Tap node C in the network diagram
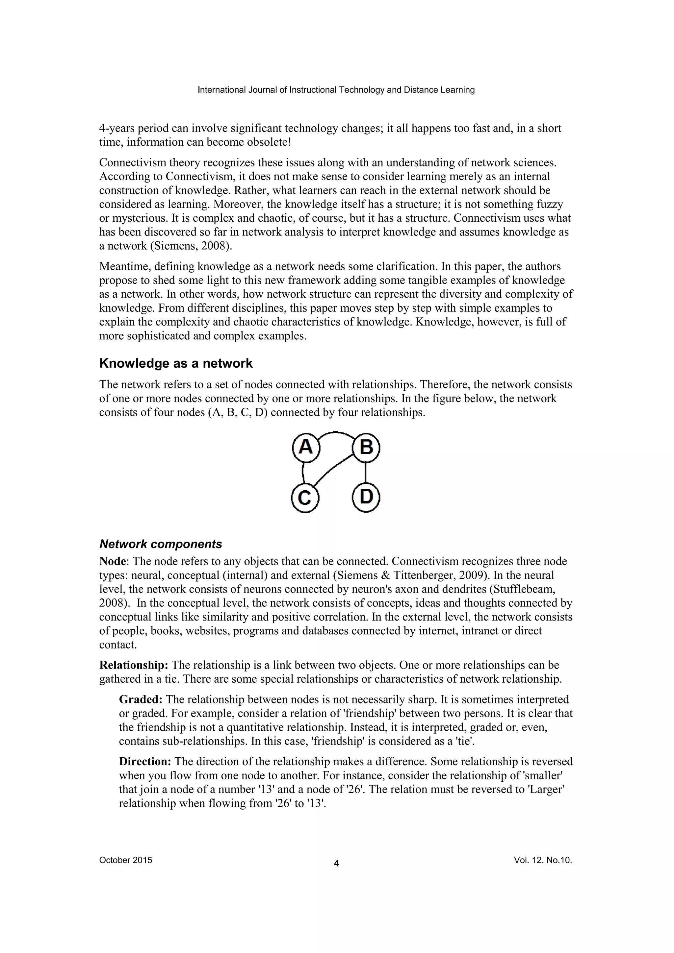click(305, 498)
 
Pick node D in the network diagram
click(366, 498)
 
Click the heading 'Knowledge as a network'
click(176, 364)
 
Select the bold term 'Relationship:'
click(134, 665)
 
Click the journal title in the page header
click(336, 90)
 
